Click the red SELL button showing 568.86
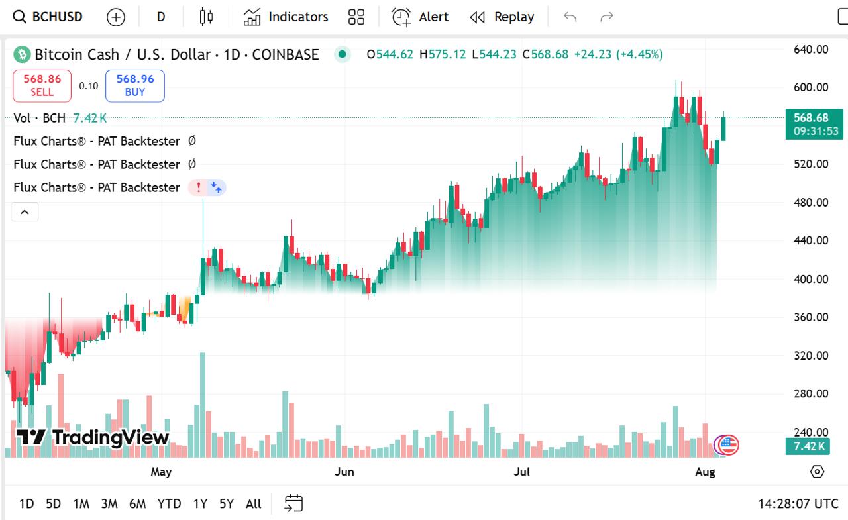point(42,85)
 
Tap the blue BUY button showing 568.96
point(134,85)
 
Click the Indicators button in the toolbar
point(286,17)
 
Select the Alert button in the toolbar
point(420,17)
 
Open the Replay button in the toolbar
point(502,17)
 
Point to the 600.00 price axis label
point(811,87)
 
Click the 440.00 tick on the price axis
point(811,240)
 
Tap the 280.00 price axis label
point(811,393)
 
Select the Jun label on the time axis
point(344,472)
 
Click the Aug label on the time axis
point(706,472)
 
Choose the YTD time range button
point(169,504)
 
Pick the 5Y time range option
point(227,504)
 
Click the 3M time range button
point(109,504)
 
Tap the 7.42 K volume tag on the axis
point(809,446)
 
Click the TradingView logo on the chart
point(93,437)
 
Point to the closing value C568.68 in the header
point(545,54)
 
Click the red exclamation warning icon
point(198,187)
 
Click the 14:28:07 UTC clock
point(798,504)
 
